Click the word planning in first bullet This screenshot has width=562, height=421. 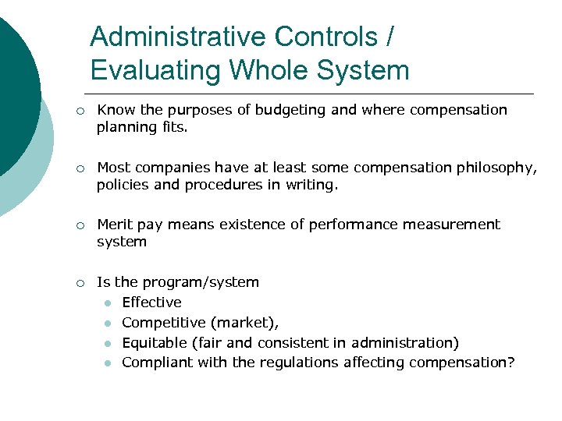click(x=122, y=127)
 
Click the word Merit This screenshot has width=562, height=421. click(x=114, y=225)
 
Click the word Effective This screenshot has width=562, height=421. click(x=151, y=302)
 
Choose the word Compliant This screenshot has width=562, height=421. click(x=154, y=363)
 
